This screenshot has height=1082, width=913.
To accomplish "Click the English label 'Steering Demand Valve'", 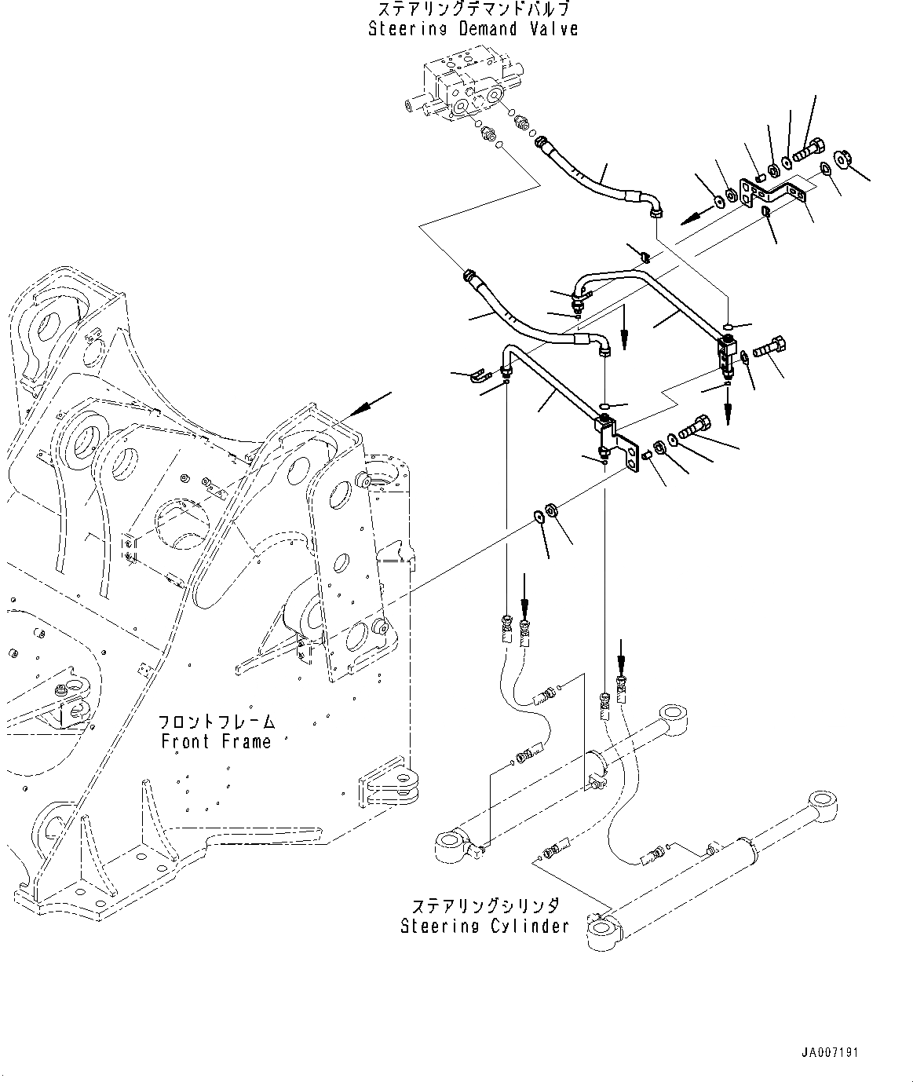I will click(473, 30).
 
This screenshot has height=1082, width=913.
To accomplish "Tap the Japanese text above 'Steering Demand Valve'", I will click(473, 9).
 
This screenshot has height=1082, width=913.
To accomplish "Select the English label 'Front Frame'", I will click(216, 741).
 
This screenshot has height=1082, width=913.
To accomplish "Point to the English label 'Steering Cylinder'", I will click(484, 926).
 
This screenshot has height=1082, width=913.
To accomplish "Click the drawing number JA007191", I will click(830, 1052).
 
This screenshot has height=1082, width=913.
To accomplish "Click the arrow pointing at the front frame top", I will click(369, 404).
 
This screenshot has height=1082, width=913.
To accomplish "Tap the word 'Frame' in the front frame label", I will click(247, 741).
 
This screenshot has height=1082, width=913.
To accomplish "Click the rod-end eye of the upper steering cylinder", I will click(674, 715).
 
